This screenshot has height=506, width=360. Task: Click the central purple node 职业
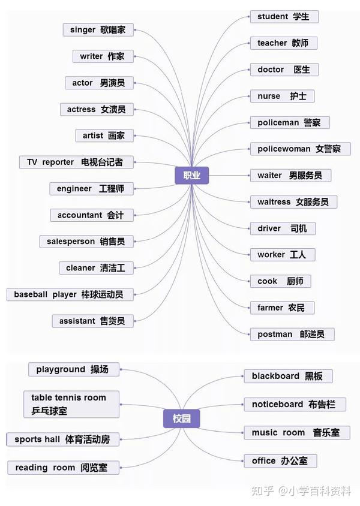191,176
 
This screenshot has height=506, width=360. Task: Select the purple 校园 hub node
181,418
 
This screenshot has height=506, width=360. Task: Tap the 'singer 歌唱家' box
98,30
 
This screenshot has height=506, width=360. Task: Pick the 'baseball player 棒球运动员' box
70,294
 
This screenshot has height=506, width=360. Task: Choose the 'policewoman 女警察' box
300,149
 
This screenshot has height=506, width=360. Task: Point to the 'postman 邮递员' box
292,334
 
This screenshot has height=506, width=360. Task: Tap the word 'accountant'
80,215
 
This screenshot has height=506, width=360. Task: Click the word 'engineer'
74,189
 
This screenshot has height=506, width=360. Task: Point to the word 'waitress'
274,202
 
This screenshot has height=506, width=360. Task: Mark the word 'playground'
61,369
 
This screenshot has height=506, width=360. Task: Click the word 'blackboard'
275,376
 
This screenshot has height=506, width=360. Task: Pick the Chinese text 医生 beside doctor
302,70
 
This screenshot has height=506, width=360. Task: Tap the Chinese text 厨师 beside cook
295,281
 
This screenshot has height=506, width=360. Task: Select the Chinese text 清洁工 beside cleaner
113,268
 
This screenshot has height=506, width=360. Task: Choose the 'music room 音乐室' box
295,432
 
